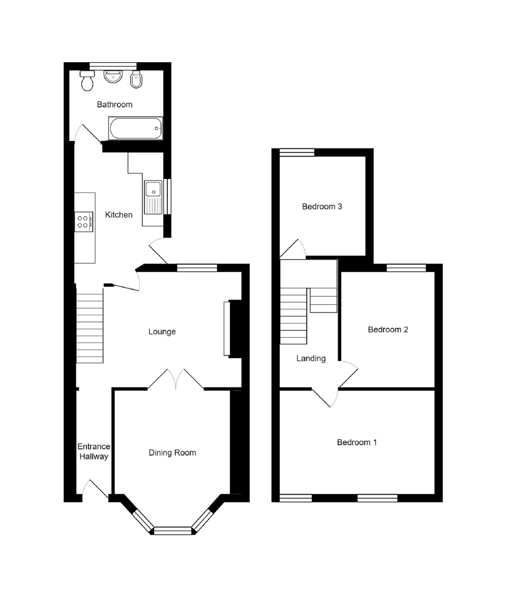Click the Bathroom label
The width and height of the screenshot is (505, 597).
click(114, 104)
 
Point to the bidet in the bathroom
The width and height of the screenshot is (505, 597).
click(136, 80)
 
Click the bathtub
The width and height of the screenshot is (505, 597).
click(136, 129)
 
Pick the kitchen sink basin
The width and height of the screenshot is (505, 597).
click(153, 189)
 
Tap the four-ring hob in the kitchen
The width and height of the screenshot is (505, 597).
click(83, 222)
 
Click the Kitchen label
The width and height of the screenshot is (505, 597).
click(119, 215)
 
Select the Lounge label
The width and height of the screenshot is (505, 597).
click(162, 332)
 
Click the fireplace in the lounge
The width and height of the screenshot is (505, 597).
click(227, 328)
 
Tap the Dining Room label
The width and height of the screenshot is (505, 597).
click(172, 453)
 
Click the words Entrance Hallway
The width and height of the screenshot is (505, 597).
click(94, 452)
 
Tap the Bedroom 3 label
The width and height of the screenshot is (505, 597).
click(322, 207)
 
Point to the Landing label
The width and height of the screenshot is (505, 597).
click(311, 359)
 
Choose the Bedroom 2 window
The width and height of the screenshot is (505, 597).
click(406, 268)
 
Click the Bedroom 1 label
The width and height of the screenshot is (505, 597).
click(356, 442)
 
